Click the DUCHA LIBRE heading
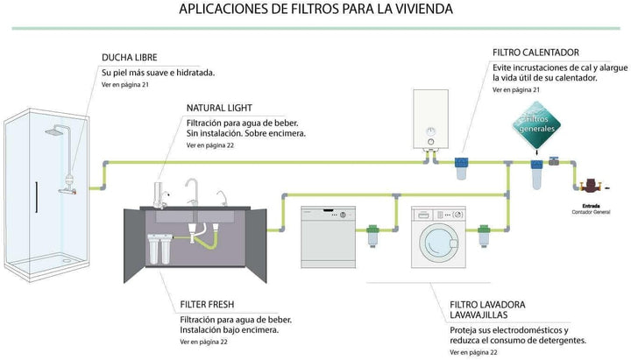tap(129, 58)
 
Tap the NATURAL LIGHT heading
tap(219, 108)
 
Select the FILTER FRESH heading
tap(207, 305)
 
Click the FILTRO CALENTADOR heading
tap(535, 53)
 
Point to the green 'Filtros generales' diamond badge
tap(536, 124)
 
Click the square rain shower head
tap(54, 131)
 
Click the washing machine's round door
tap(438, 243)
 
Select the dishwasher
tap(329, 236)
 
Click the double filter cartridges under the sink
tap(159, 248)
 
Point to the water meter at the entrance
tap(591, 186)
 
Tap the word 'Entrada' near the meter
tap(591, 206)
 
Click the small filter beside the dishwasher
tap(372, 236)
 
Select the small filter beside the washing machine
tap(483, 236)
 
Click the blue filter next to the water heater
tap(461, 167)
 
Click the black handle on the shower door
tap(36, 197)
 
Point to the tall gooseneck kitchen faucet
tap(192, 192)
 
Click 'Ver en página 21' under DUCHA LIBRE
tap(124, 85)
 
